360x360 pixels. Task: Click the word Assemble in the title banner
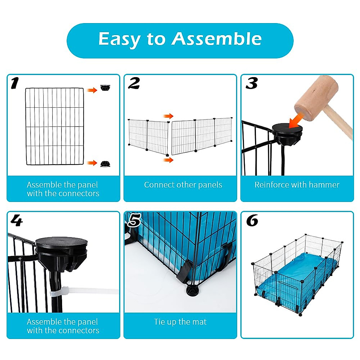[216, 39]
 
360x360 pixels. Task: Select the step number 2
[134, 83]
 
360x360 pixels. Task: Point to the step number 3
[252, 83]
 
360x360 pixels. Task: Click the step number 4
[16, 221]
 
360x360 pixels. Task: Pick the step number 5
[134, 221]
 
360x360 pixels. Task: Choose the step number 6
[252, 221]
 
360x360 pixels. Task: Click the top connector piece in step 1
[105, 88]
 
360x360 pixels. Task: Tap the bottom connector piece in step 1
[105, 163]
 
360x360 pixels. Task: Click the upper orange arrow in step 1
[92, 90]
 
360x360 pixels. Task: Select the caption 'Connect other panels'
[183, 185]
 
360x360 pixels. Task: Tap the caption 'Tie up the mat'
[180, 322]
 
